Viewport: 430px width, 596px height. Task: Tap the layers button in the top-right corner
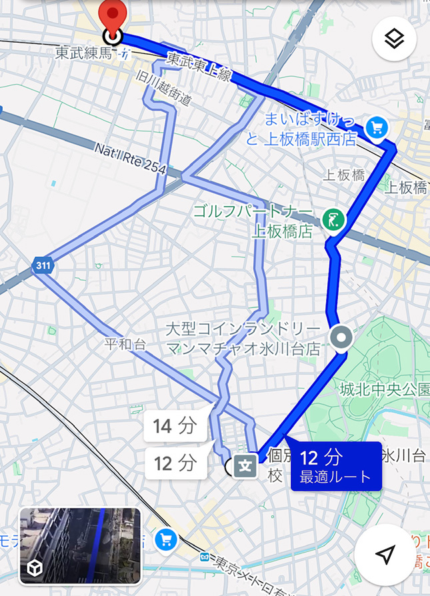[x=395, y=39]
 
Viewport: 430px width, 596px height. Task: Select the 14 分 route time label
[x=174, y=426]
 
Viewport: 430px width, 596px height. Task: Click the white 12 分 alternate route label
[x=174, y=462]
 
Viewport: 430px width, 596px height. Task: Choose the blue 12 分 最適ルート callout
[x=336, y=466]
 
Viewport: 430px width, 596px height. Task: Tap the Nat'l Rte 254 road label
[x=129, y=159]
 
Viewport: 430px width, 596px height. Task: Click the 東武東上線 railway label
[x=199, y=68]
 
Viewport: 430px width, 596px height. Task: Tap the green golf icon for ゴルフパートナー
[x=330, y=218]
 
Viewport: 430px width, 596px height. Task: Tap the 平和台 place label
[x=125, y=345]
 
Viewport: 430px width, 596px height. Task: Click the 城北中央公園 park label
[x=384, y=389]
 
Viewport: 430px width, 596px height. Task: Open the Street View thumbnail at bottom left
[x=80, y=545]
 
